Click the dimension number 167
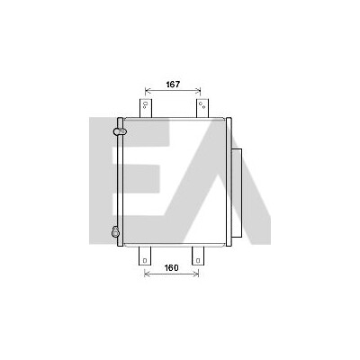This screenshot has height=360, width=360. (x=173, y=85)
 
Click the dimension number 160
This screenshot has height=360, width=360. (x=171, y=267)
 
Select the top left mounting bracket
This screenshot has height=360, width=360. (x=146, y=108)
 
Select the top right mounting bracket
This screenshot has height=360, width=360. (x=202, y=108)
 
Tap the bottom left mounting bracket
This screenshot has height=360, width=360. (x=145, y=256)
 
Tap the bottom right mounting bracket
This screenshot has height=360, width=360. (x=198, y=256)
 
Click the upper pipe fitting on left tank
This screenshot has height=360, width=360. (x=120, y=131)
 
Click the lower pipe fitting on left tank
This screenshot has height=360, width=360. (x=115, y=231)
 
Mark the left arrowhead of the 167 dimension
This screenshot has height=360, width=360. (x=146, y=89)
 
